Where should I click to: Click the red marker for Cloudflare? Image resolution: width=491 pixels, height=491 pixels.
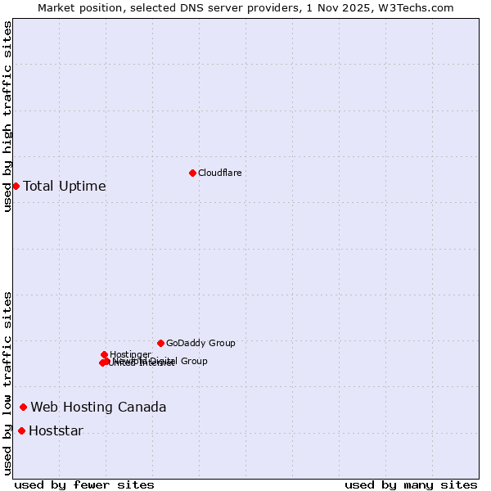(192, 173)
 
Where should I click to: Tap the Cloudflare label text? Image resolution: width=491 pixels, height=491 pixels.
(219, 173)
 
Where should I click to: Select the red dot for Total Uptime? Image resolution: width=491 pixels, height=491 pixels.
(16, 186)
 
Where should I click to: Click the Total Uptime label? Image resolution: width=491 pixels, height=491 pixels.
(65, 186)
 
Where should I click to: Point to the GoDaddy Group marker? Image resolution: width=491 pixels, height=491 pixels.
(160, 343)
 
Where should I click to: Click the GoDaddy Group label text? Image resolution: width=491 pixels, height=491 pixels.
(200, 343)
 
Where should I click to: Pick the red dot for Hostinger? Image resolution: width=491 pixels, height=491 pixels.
(104, 354)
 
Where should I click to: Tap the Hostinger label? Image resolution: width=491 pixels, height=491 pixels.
(130, 354)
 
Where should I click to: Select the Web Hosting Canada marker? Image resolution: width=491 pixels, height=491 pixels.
(23, 407)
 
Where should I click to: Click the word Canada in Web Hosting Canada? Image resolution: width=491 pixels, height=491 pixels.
(143, 407)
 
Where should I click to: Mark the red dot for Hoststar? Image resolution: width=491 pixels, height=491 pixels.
(21, 430)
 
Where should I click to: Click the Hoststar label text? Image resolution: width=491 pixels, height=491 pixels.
(56, 430)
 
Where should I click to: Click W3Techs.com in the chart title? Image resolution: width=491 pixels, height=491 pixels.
(420, 7)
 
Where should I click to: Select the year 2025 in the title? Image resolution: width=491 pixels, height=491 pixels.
(365, 7)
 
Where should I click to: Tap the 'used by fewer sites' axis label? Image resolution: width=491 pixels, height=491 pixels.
(84, 484)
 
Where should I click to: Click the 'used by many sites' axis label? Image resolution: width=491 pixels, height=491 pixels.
(411, 484)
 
